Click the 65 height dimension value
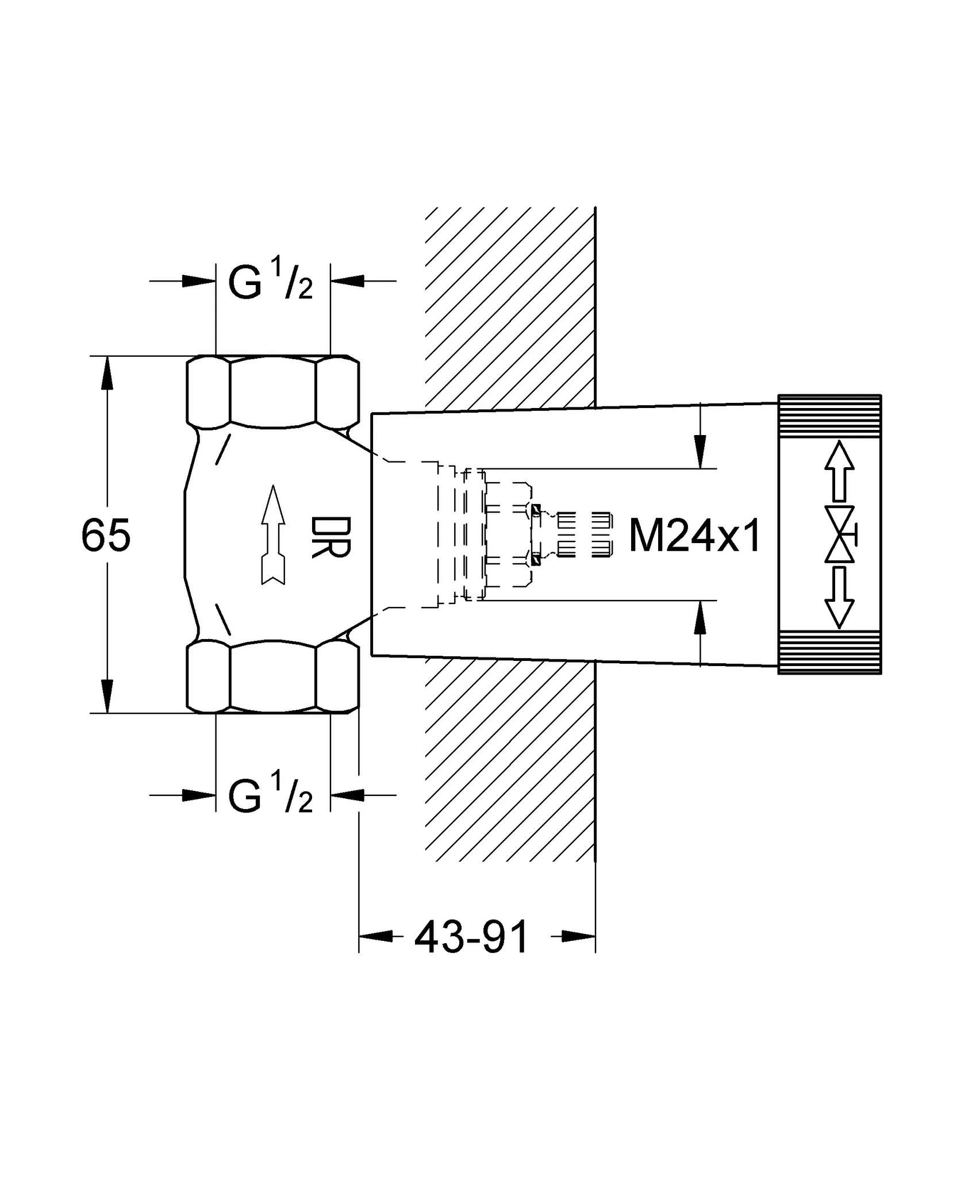click(106, 535)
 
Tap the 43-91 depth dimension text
click(471, 937)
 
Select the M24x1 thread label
click(695, 536)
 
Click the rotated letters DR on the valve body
click(330, 537)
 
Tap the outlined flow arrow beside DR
click(274, 535)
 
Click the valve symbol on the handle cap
click(841, 534)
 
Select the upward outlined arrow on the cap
click(839, 471)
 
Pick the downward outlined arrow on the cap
click(839, 598)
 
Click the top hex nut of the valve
click(274, 392)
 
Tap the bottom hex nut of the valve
click(274, 676)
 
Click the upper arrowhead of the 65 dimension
click(107, 374)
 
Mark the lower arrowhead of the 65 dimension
click(107, 696)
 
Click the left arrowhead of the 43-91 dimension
click(376, 936)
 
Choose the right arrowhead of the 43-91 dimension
click(578, 936)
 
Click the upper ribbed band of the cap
click(829, 416)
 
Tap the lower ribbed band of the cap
click(829, 652)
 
